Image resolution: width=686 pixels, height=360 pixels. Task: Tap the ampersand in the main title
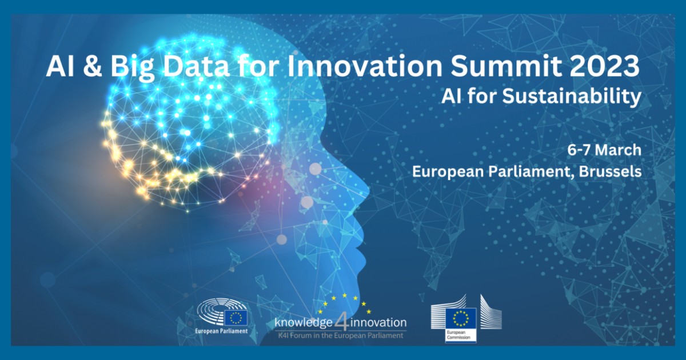click(x=92, y=66)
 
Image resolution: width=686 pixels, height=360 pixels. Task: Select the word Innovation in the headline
click(x=365, y=66)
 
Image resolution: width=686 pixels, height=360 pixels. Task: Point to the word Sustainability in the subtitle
click(x=572, y=97)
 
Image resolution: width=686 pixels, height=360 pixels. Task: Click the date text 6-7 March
click(x=604, y=150)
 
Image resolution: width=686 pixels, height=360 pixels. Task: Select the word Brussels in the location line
click(x=611, y=172)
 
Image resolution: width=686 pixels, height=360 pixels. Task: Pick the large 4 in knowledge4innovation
click(x=341, y=322)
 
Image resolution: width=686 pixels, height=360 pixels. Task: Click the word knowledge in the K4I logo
click(x=304, y=323)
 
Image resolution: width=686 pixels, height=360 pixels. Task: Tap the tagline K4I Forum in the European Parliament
click(x=341, y=336)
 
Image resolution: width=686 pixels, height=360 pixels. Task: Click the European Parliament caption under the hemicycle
click(x=221, y=331)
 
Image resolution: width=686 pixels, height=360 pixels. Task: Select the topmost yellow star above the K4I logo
click(x=345, y=295)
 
